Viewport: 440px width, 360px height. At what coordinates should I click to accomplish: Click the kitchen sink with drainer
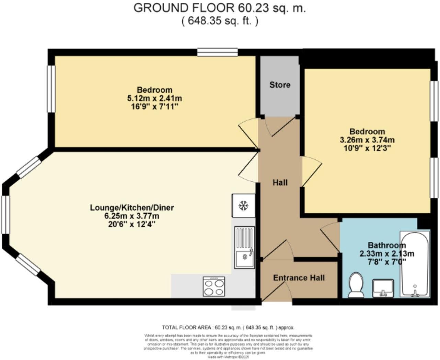click(x=244, y=247)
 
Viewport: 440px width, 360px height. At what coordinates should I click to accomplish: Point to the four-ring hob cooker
click(x=214, y=286)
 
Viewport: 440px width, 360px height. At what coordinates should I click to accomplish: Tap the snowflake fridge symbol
click(x=243, y=206)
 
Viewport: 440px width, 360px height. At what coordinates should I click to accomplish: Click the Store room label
click(x=280, y=85)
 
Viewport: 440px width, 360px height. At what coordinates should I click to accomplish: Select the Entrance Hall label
click(x=299, y=278)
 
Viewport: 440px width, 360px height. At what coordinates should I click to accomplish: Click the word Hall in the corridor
click(x=280, y=183)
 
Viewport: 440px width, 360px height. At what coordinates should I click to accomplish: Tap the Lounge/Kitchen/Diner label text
click(x=132, y=207)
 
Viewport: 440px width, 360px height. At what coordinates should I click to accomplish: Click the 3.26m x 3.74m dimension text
click(x=367, y=140)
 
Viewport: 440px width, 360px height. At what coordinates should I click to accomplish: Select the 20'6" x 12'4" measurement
click(x=132, y=225)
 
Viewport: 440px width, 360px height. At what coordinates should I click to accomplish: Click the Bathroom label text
click(x=386, y=245)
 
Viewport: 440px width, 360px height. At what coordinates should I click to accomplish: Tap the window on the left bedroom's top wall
click(x=217, y=52)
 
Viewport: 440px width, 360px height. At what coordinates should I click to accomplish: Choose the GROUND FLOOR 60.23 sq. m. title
click(x=219, y=8)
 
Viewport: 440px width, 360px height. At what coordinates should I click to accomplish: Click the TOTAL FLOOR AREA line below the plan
click(x=228, y=327)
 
